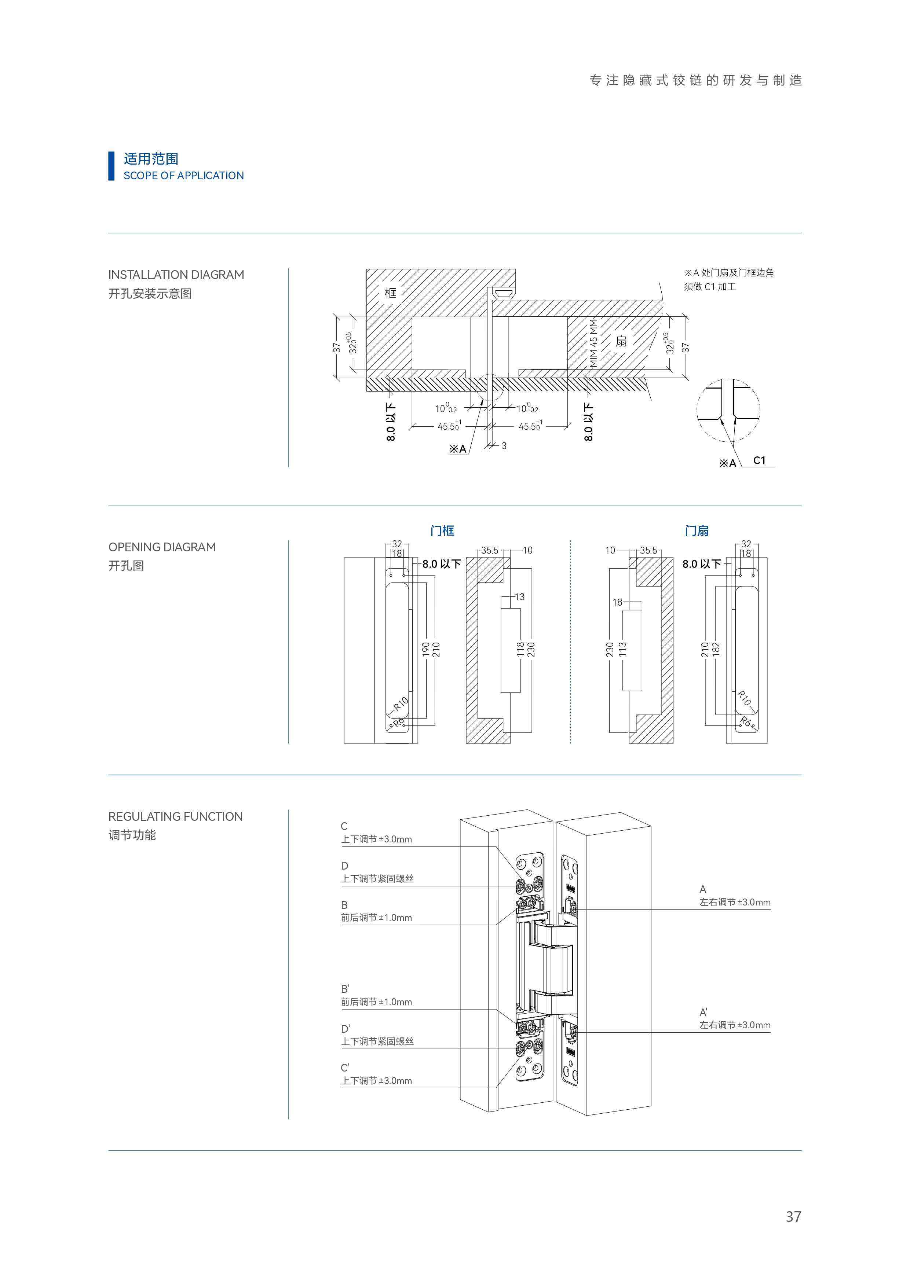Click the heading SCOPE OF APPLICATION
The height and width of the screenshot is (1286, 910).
click(183, 175)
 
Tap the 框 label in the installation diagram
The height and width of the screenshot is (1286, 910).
click(391, 293)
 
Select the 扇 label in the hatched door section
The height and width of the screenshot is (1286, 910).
click(621, 341)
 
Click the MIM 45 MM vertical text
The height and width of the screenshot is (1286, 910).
click(593, 343)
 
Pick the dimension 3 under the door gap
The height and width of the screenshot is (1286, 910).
click(504, 445)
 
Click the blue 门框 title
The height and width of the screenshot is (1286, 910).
click(442, 530)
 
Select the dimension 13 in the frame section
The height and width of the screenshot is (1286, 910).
click(519, 596)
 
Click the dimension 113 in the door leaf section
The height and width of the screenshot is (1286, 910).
click(622, 649)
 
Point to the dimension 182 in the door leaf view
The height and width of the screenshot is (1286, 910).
click(716, 649)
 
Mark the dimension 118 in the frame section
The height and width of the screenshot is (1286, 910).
click(520, 649)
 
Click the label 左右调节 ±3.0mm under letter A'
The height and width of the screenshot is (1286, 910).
click(735, 1025)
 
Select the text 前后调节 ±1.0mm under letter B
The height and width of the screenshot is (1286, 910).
click(377, 918)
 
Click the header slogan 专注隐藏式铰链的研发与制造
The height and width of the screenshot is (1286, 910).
click(695, 81)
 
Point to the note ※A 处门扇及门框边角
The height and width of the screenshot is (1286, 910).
click(728, 273)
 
